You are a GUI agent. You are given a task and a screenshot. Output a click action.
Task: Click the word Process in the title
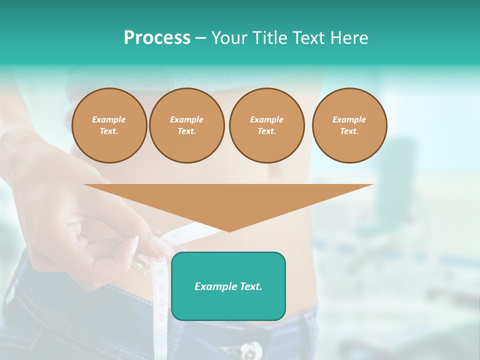point(157,38)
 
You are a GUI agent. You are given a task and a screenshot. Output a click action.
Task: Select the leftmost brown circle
point(109,125)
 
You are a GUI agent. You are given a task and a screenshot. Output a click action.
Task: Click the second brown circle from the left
point(187,125)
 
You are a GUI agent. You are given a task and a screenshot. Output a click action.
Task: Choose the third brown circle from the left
point(266,125)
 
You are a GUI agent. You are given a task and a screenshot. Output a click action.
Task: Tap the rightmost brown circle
point(349,125)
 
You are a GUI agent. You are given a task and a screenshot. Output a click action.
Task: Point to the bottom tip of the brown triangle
point(229,231)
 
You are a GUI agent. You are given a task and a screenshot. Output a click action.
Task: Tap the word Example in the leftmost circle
point(109,119)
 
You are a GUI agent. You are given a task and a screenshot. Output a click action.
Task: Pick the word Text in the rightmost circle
point(349,131)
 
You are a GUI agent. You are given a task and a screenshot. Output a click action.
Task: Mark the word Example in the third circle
point(266,119)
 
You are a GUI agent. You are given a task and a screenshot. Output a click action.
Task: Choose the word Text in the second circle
point(186,131)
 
